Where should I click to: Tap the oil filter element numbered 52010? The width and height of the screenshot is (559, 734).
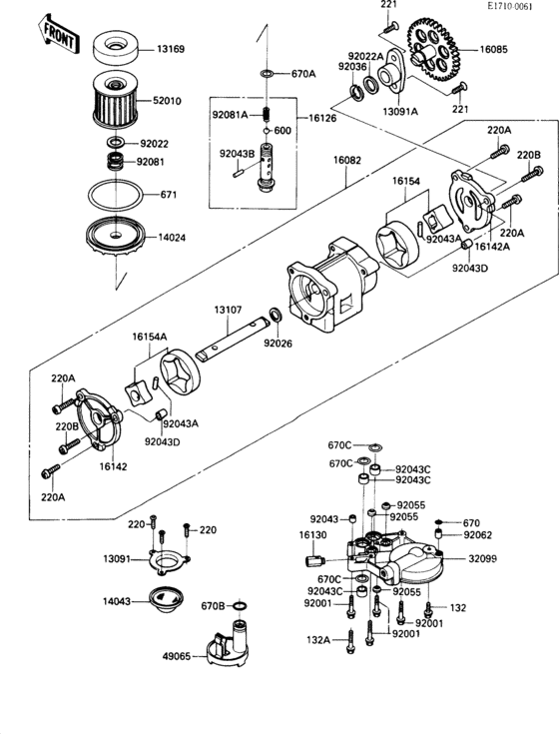click(118, 99)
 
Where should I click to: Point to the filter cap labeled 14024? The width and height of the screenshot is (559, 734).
click(117, 237)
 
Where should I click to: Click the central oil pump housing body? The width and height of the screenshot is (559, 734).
click(329, 285)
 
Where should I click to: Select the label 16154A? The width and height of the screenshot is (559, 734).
click(151, 338)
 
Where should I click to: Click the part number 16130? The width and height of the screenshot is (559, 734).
click(312, 535)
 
